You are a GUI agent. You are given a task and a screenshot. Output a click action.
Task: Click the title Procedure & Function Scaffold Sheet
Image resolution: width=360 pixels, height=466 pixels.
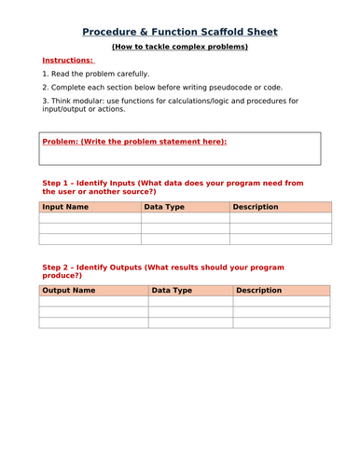[x=180, y=32]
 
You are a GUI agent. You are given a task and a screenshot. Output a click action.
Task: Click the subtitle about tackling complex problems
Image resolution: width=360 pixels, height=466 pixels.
[x=180, y=46]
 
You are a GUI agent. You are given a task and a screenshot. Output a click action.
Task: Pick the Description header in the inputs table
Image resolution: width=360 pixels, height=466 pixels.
[x=256, y=207]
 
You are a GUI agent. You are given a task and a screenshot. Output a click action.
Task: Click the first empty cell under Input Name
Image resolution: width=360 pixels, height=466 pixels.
[x=90, y=218]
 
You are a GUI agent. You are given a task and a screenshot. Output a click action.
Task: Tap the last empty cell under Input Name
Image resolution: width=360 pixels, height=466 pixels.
[x=90, y=240]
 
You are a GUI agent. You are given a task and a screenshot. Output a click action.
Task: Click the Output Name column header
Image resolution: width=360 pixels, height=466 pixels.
[x=69, y=290]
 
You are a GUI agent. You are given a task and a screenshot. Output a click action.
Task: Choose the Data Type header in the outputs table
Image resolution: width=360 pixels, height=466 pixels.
[x=172, y=290]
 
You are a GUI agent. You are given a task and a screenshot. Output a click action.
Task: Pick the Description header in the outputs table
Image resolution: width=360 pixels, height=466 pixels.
[x=259, y=290]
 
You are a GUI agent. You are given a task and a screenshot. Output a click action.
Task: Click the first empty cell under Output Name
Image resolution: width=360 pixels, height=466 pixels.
[x=93, y=301]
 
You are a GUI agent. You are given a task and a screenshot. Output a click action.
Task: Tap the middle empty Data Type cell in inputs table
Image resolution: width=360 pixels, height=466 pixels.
[x=185, y=228]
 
